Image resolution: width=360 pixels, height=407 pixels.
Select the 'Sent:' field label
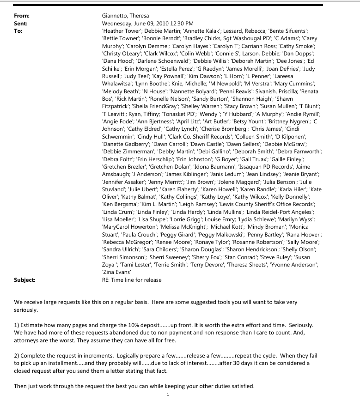[x=21, y=23]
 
